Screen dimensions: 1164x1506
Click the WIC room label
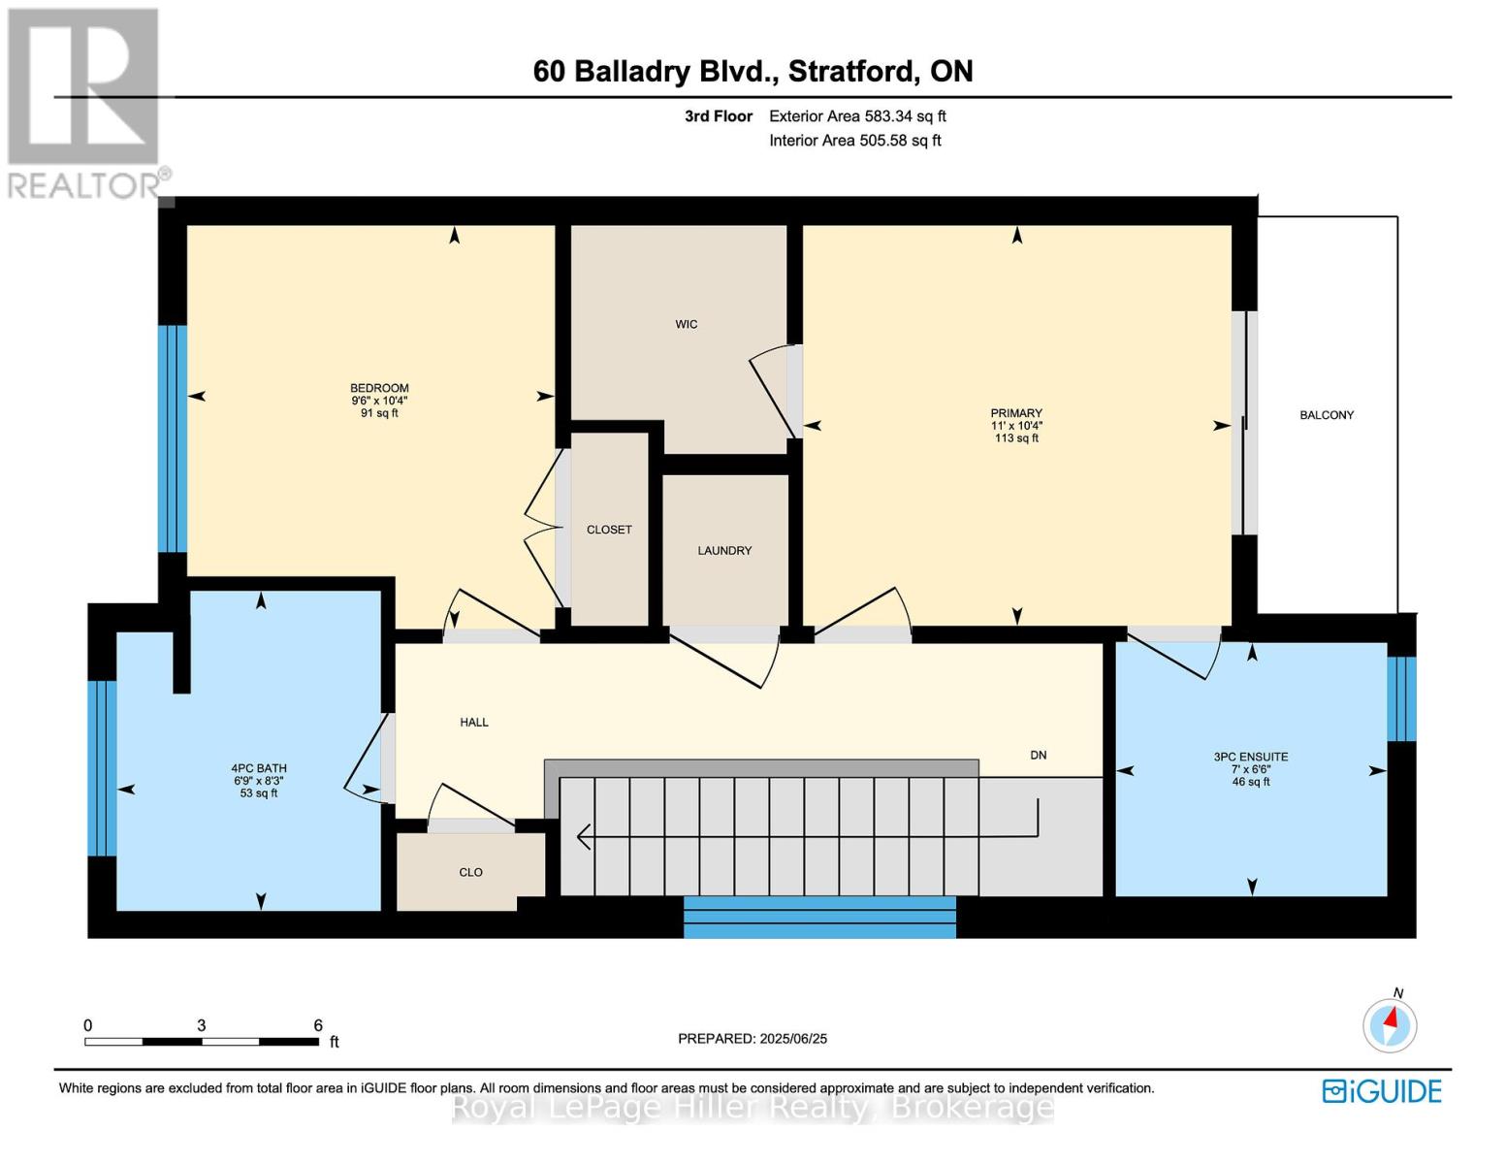coord(686,324)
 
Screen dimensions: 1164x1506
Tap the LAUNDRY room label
coord(724,550)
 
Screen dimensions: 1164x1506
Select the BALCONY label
coord(1327,415)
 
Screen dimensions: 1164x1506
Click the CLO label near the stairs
coord(470,872)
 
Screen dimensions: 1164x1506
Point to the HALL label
coord(474,722)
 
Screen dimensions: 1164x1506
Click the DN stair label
coord(1038,755)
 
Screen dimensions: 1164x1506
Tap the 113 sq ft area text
coord(1016,438)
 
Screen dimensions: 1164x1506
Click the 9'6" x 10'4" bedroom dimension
coord(379,401)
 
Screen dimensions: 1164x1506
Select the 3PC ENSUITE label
coord(1251,757)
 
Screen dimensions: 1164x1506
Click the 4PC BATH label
coord(259,768)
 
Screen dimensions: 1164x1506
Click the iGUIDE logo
coord(1382,1091)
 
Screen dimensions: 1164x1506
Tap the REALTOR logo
coord(85,102)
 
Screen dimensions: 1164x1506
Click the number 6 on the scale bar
coord(318,1025)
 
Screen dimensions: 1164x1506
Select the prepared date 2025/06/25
coord(793,1038)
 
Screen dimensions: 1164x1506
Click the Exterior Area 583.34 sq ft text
coord(857,116)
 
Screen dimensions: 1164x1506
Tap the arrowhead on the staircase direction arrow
coord(583,835)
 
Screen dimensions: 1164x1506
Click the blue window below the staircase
coord(819,917)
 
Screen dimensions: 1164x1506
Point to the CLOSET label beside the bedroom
coord(609,530)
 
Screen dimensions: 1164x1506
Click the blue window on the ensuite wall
coord(1401,699)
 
